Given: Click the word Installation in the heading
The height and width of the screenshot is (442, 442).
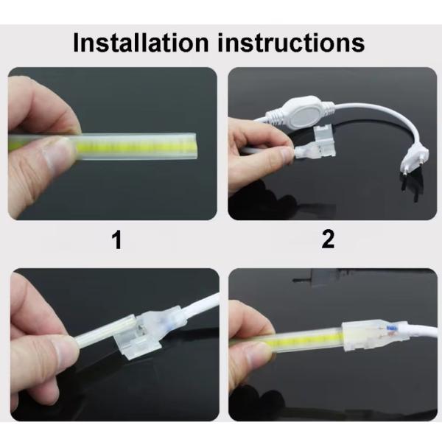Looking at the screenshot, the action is point(141,43).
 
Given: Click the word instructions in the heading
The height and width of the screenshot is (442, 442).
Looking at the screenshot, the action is point(291,43).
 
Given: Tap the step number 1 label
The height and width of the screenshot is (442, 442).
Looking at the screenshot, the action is point(117,239).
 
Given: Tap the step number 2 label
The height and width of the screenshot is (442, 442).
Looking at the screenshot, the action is point(328,239).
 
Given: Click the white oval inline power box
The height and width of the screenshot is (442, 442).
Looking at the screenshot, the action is point(301,112).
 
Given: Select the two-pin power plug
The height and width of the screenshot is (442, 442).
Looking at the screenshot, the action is point(413,161).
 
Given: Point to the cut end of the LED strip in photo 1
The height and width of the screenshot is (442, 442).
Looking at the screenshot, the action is point(194,146).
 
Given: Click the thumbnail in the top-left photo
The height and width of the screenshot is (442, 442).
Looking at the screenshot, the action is point(57,152).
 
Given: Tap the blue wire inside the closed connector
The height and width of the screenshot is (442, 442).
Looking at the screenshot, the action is point(390,328).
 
